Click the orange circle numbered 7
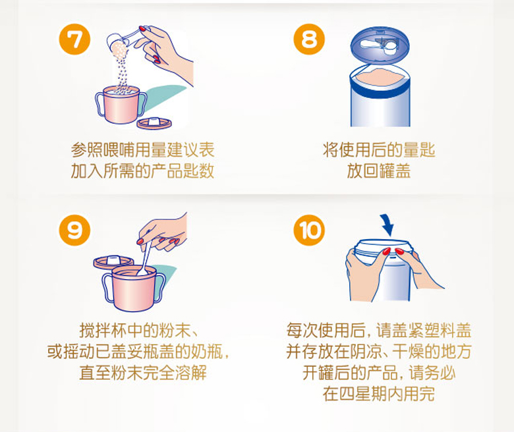74,40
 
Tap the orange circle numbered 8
309,40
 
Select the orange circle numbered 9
74,230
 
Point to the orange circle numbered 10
309,230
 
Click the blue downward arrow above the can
387,225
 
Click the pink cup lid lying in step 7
154,123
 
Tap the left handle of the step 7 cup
100,103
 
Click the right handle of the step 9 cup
159,288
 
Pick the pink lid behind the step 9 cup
113,261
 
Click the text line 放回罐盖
379,171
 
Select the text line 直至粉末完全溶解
143,373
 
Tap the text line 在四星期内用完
379,394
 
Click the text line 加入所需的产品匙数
142,171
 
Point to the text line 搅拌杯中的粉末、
139,330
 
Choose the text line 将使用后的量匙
379,150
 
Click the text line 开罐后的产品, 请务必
379,373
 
